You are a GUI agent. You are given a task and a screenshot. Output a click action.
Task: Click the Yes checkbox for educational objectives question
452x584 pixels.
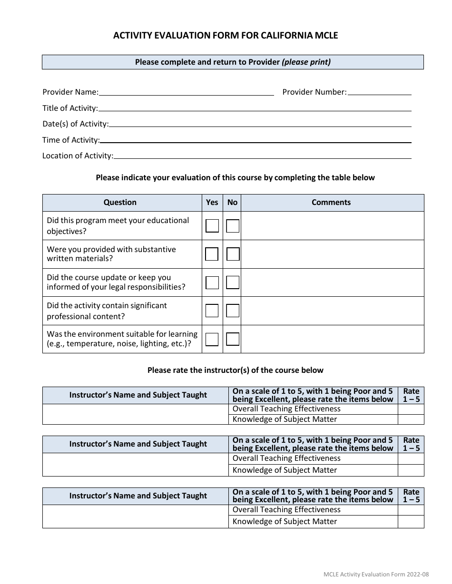[212, 226]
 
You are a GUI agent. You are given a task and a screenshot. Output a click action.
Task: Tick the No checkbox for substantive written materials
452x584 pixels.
[233, 254]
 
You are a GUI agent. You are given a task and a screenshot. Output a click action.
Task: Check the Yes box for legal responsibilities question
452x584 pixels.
[212, 282]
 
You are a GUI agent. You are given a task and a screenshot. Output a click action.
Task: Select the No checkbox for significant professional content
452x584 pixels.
[233, 311]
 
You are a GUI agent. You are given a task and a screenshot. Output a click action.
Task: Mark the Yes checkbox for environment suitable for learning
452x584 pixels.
[212, 339]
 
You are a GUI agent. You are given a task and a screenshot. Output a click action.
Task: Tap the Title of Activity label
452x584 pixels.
[70, 108]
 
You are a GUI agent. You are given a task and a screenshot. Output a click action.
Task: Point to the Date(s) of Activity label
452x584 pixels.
[75, 124]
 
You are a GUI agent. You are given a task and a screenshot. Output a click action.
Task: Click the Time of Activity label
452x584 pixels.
[71, 140]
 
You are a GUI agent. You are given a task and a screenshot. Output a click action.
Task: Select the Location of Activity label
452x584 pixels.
[78, 156]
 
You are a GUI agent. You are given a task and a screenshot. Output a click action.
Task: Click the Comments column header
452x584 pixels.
[331, 203]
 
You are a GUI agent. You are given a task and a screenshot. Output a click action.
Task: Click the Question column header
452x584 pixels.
[120, 203]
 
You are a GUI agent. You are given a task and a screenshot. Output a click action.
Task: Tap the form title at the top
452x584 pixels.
[226, 36]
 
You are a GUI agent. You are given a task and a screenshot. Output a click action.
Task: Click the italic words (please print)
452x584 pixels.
[306, 62]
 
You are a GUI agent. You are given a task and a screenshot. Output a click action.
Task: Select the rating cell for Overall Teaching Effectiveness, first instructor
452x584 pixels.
[411, 409]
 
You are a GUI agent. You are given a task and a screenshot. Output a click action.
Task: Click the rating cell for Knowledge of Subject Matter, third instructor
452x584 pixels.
[411, 522]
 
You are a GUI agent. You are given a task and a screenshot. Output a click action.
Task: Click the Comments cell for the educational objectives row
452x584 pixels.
[332, 226]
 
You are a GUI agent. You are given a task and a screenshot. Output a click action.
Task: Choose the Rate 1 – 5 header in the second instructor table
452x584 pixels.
[411, 444]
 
